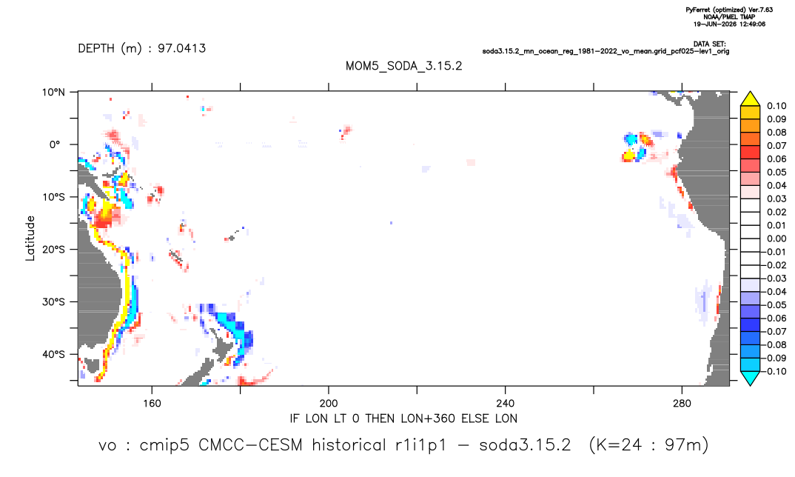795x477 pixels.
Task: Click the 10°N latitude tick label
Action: click(53, 93)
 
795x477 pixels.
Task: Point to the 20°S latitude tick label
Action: click(53, 250)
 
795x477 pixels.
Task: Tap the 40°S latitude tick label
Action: click(53, 354)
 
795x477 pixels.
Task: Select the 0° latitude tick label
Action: click(55, 144)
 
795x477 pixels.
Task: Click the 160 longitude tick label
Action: click(152, 404)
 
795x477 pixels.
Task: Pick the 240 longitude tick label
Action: click(506, 404)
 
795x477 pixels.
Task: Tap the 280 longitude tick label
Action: click(682, 404)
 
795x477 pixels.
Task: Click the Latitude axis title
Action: click(30, 238)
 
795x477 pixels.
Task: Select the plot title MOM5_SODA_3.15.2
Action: click(404, 66)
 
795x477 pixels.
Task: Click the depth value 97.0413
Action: click(181, 48)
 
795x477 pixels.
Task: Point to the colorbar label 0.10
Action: click(776, 106)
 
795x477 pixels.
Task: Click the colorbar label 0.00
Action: click(776, 238)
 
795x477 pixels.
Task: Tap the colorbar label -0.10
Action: click(775, 371)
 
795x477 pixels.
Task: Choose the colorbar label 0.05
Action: click(776, 173)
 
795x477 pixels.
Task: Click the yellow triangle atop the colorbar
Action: click(750, 100)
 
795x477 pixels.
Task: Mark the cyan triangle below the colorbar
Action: click(750, 377)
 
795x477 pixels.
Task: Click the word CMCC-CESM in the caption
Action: click(250, 445)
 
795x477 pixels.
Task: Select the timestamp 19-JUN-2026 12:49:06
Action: click(730, 24)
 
